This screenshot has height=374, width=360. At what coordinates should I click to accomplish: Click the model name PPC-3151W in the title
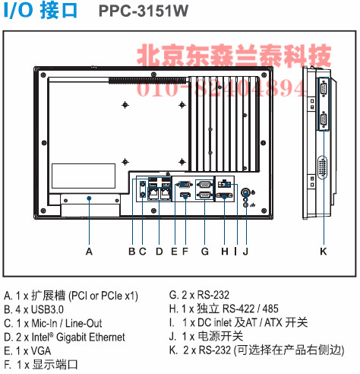coord(144,11)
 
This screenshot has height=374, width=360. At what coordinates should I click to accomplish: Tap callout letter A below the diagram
coord(89,252)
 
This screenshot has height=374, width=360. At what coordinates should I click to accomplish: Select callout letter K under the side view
coord(324,252)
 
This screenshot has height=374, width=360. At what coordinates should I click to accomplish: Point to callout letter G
coord(205,252)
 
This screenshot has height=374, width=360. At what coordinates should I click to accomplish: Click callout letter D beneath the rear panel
coord(159,252)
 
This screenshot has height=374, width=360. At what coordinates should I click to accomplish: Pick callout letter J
coord(245,252)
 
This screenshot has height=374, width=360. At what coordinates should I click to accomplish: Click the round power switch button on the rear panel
coord(245,192)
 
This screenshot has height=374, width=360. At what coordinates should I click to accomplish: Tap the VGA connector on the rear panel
coord(184,184)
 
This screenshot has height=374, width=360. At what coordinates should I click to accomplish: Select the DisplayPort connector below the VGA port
coord(185,195)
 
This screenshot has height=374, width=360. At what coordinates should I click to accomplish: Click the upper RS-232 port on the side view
coord(324,89)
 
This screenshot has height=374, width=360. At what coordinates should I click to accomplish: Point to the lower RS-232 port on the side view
coord(324,121)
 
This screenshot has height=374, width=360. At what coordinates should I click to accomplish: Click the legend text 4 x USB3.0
coord(39,309)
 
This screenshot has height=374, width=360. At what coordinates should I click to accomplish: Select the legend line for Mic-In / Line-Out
coord(53,323)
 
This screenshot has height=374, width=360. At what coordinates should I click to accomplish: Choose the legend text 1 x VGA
coord(33,351)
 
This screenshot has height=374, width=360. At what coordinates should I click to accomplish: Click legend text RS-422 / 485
coord(251,309)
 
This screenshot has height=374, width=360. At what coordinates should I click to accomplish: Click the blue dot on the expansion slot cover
coord(89,198)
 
